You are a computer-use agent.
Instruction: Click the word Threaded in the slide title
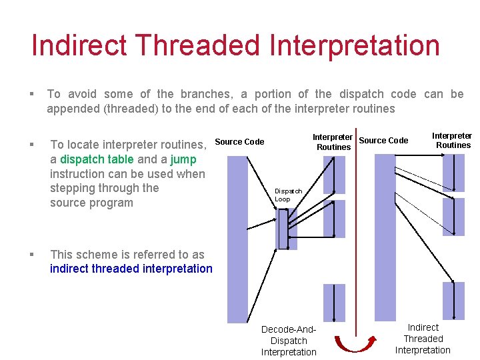click(192, 46)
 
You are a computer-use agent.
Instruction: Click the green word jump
click(183, 159)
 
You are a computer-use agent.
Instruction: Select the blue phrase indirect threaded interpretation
click(131, 269)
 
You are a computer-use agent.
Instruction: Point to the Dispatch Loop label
click(288, 195)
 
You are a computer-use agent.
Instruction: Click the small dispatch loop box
click(283, 229)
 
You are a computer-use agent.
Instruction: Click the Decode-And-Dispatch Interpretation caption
click(289, 341)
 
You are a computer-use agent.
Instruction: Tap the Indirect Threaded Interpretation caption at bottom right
click(423, 339)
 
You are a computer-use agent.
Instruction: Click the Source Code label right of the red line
click(383, 140)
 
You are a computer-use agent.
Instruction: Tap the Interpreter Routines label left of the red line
click(333, 142)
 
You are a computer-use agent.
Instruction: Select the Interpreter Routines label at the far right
click(452, 140)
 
